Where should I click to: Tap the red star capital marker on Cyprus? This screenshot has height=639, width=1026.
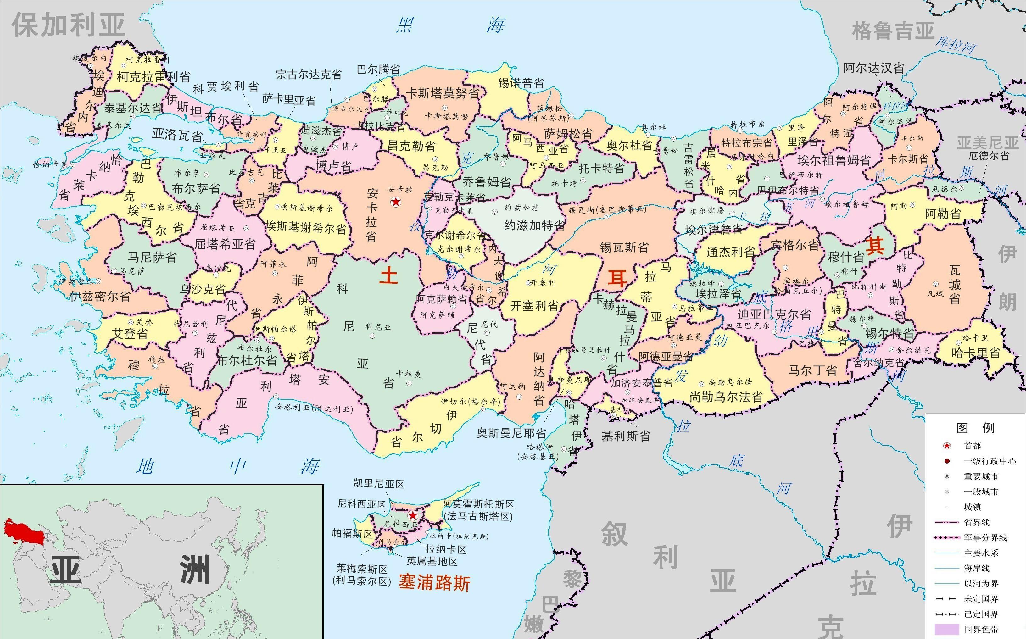pyautogui.click(x=412, y=515)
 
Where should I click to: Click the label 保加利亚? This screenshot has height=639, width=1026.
pyautogui.click(x=69, y=25)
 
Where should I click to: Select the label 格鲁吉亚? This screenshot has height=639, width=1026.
pyautogui.click(x=892, y=31)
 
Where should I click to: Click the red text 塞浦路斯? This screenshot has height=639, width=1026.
pyautogui.click(x=434, y=583)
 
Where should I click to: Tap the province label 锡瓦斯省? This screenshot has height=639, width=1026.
pyautogui.click(x=624, y=247)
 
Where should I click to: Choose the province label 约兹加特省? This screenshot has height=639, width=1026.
pyautogui.click(x=535, y=225)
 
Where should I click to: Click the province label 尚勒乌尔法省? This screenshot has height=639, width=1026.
pyautogui.click(x=726, y=397)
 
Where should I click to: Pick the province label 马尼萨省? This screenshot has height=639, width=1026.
pyautogui.click(x=152, y=257)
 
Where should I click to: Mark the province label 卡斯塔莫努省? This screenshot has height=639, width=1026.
pyautogui.click(x=443, y=93)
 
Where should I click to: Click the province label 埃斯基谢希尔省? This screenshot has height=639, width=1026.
pyautogui.click(x=306, y=228)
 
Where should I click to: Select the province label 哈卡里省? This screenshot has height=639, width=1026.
pyautogui.click(x=976, y=353)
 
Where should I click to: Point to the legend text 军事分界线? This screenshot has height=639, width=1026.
pyautogui.click(x=985, y=537)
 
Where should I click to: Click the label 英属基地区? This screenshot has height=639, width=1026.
pyautogui.click(x=432, y=561)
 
